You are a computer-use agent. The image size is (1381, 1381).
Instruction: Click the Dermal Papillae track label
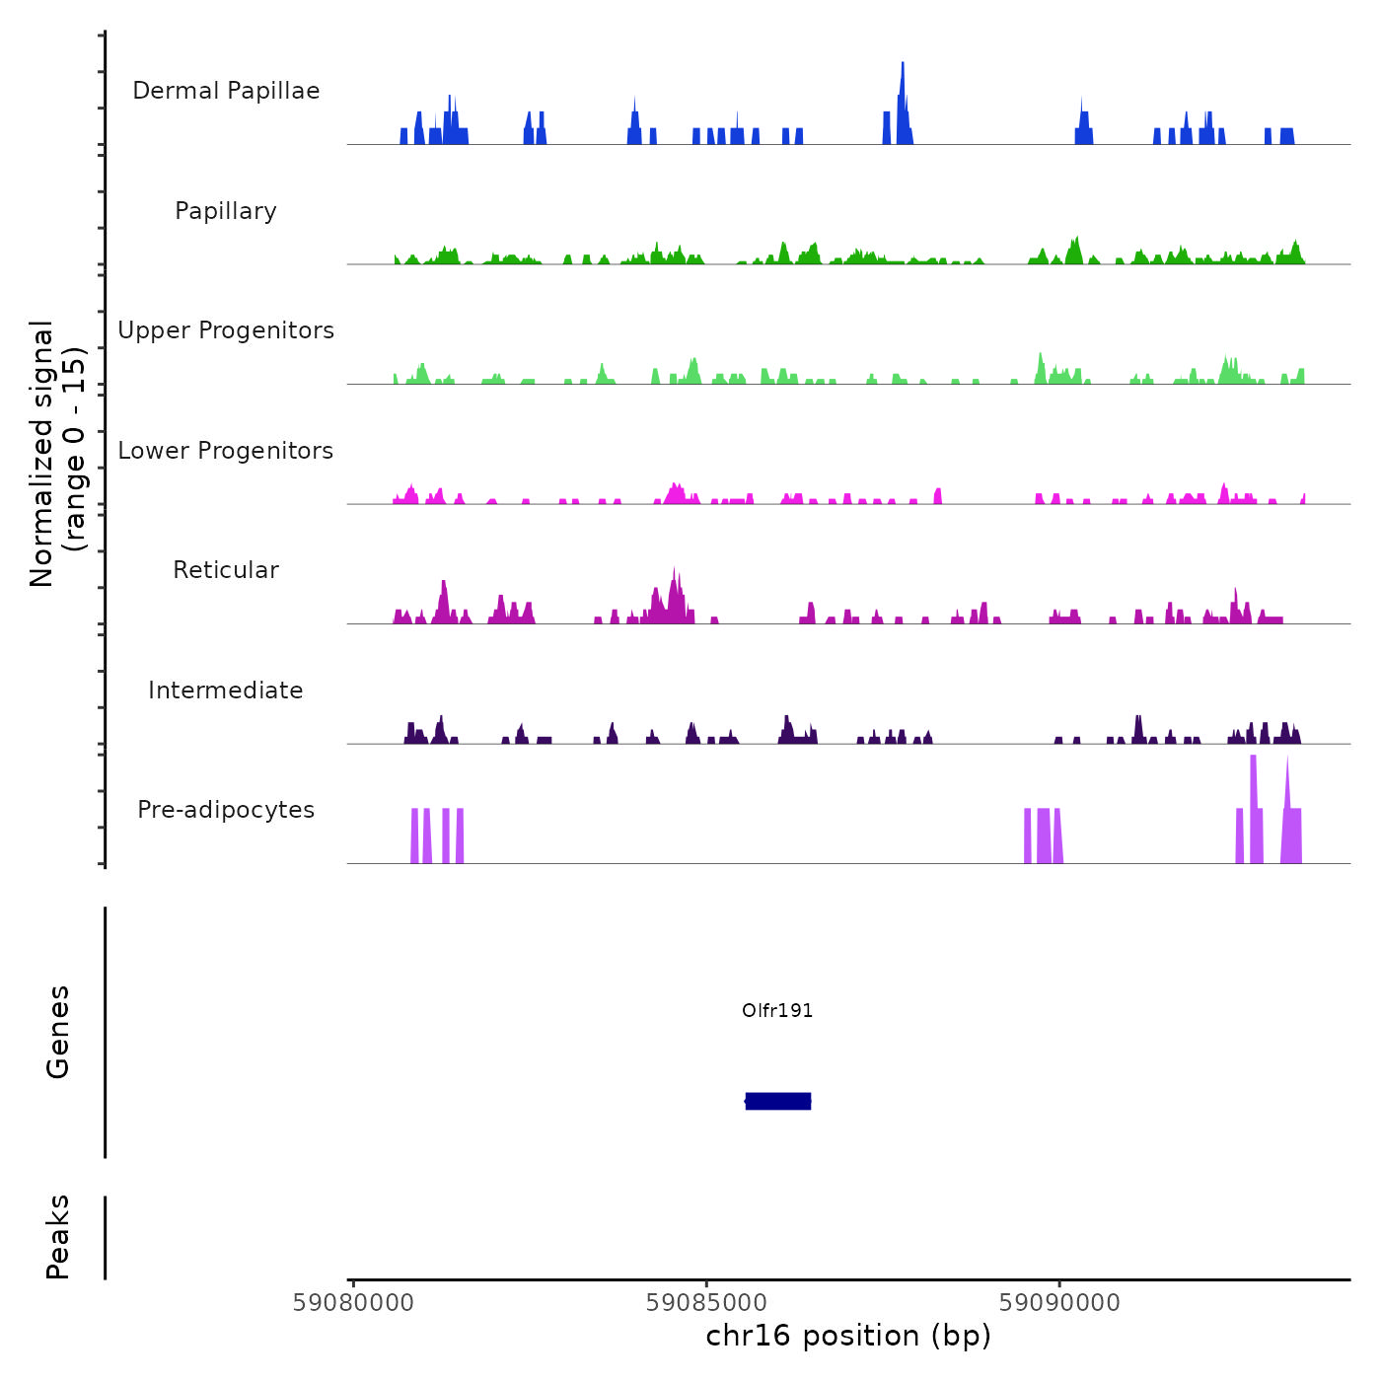(226, 91)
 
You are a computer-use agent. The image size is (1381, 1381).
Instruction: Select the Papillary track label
(226, 211)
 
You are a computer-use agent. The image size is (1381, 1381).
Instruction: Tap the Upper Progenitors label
(226, 330)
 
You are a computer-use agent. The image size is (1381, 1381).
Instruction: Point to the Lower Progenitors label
(226, 451)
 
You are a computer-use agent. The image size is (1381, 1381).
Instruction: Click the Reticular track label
(226, 570)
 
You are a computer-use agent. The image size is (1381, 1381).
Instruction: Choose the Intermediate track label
(226, 690)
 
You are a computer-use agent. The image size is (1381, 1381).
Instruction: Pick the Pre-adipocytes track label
(226, 810)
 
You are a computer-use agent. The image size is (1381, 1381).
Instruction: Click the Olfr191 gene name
(777, 1010)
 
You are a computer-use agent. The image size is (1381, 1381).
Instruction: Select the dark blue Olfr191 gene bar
(778, 1101)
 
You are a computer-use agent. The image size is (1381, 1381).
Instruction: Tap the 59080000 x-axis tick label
(353, 1303)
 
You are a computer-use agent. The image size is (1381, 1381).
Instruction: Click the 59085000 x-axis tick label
(706, 1303)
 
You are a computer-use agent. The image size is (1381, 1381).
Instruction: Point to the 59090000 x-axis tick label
(1059, 1303)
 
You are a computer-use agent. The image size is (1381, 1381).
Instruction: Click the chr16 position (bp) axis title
(848, 1337)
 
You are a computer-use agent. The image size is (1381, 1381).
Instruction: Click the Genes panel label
(58, 1032)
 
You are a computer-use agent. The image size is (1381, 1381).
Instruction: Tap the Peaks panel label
(58, 1237)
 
